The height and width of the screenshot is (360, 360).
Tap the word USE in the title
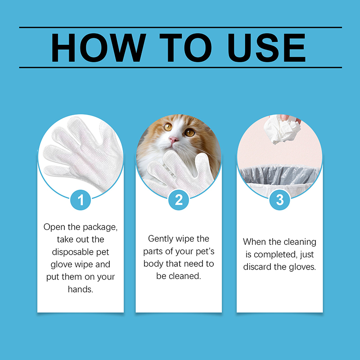266,48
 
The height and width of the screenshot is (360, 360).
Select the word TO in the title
185,48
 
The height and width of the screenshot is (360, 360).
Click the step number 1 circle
81,200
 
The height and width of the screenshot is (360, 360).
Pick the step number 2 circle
179,200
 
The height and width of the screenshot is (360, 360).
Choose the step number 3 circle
279,200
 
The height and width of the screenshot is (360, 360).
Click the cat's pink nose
173,139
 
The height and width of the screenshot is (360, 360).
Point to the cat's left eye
190,132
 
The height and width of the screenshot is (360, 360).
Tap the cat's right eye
168,127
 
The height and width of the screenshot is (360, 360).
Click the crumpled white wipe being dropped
282,130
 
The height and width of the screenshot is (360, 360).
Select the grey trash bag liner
279,175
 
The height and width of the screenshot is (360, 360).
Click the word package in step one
100,227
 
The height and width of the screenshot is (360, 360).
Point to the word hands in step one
81,289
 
